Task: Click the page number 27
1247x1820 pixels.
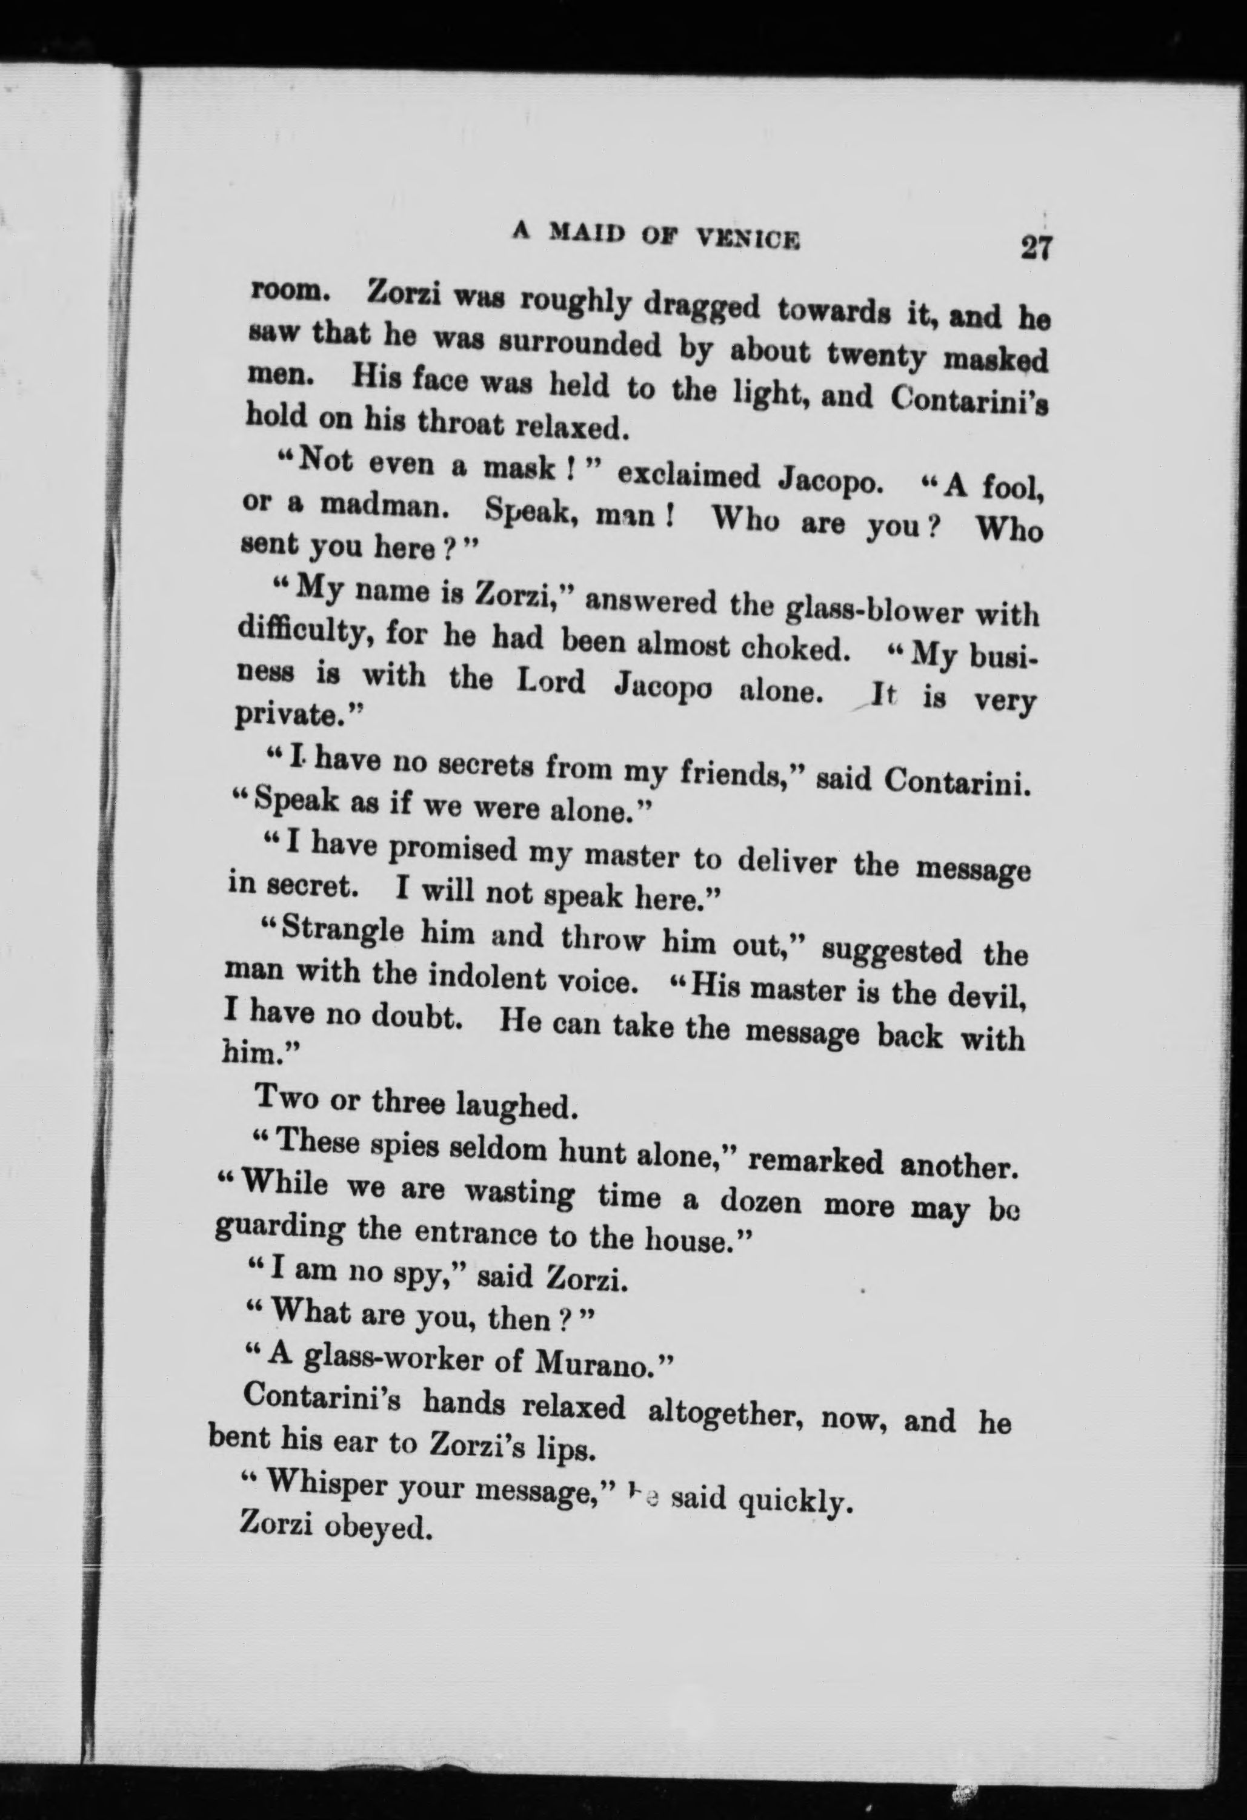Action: coord(1036,248)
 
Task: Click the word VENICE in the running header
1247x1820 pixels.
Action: coord(748,236)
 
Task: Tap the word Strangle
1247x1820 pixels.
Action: coord(343,930)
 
